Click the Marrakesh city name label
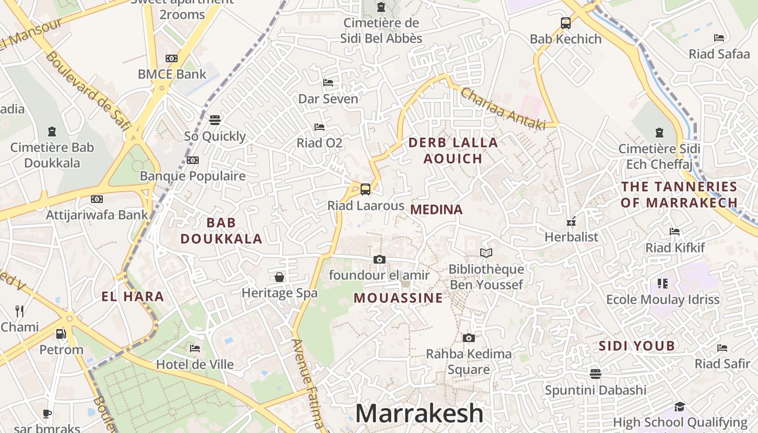[419, 414]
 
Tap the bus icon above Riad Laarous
[365, 189]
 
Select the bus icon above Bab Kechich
[566, 23]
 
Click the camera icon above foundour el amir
[380, 260]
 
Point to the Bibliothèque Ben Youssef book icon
[486, 253]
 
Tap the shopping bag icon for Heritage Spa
[279, 277]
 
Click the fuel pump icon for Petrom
[61, 334]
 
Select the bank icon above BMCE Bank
[172, 58]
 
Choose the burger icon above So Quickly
[215, 120]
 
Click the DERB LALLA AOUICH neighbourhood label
[453, 150]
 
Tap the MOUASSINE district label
[398, 298]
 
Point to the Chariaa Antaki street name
[502, 109]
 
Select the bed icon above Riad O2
[319, 127]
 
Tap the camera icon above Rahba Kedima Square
[469, 338]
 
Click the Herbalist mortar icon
[571, 221]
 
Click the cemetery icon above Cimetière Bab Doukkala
[52, 132]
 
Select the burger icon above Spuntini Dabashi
[596, 374]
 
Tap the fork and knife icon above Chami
[19, 311]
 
